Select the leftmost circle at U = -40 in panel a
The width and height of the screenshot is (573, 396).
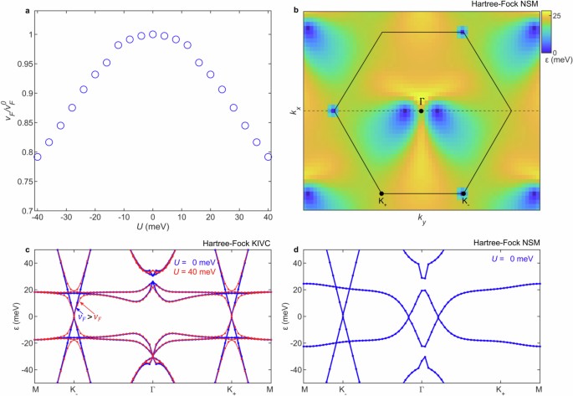tap(37, 157)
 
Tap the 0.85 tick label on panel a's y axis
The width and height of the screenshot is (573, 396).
tap(19, 122)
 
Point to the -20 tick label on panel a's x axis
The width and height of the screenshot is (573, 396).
tap(94, 219)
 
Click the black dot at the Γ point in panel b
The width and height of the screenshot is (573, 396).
tap(421, 111)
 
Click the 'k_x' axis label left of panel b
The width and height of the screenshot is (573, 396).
tap(294, 109)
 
